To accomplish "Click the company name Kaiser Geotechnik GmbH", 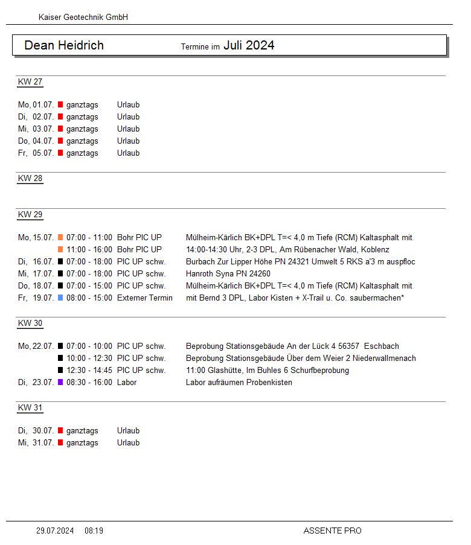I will coord(83,18).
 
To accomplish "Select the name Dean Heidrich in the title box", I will coord(64,45).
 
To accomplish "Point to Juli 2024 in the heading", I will coord(249,45).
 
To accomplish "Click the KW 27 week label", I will coord(30,82).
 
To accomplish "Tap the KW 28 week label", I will coord(30,179).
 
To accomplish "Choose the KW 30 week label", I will coord(30,323).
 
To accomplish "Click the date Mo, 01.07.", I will coord(36,105).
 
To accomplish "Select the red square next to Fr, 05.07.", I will coord(60,153).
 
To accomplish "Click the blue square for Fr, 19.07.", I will coord(60,298).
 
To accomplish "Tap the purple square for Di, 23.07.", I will coord(60,383).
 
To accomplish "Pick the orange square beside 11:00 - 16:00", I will coord(60,250).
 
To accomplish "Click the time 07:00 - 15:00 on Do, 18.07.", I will coord(89,286).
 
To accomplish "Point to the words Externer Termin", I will coord(145,298).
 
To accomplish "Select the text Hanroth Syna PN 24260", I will coord(228,274).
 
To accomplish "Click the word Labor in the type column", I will coord(127,383).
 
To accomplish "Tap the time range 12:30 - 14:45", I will coord(89,371).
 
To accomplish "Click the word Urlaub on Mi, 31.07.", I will coord(128,443).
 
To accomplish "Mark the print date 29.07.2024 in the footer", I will coord(55,531).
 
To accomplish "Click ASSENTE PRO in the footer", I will coord(332,531).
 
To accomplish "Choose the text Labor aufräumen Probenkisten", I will coord(239,383).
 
